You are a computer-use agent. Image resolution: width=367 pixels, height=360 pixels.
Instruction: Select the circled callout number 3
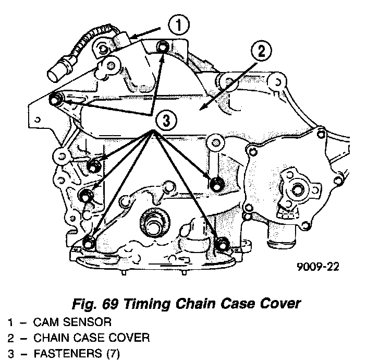coord(165,121)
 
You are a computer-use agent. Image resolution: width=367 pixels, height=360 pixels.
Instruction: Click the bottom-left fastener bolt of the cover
coord(89,243)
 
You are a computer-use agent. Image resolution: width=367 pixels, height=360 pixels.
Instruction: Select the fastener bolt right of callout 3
coord(217,183)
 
